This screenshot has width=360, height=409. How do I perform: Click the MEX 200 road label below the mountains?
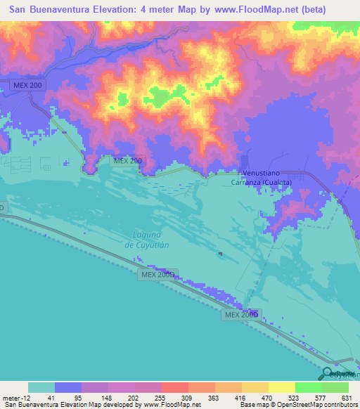(x=127, y=161)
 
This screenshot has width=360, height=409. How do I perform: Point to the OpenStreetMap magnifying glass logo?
(x=328, y=373)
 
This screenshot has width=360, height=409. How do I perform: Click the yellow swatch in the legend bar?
(x=281, y=387)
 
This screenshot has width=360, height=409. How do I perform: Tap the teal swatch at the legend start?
(x=41, y=387)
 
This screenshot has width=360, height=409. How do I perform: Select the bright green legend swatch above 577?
(x=308, y=387)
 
